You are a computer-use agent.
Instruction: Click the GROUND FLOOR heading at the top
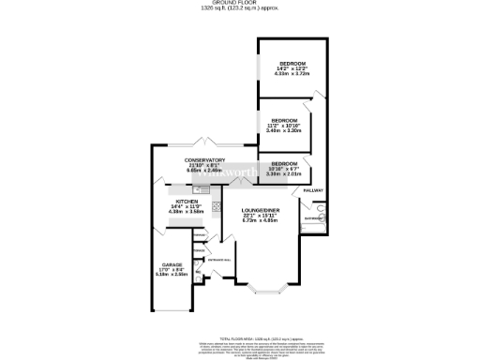pos(240,4)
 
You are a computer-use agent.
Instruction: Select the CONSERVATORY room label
pos(204,159)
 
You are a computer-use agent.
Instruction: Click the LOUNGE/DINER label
pos(259,209)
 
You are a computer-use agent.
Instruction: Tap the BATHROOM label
pos(311,221)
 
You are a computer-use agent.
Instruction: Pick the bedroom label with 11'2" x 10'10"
pos(284,120)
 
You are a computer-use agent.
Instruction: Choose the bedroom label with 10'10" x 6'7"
pos(284,163)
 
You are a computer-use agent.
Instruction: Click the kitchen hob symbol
pos(215,207)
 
